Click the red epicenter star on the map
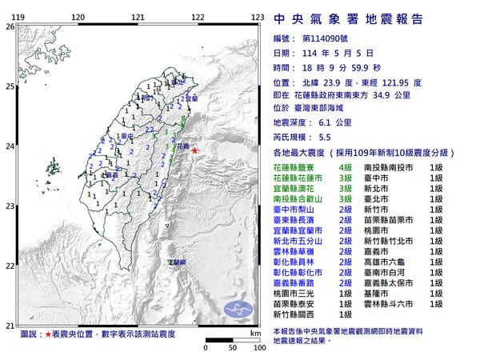[x=194, y=150]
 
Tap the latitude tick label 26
[x=10, y=26]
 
